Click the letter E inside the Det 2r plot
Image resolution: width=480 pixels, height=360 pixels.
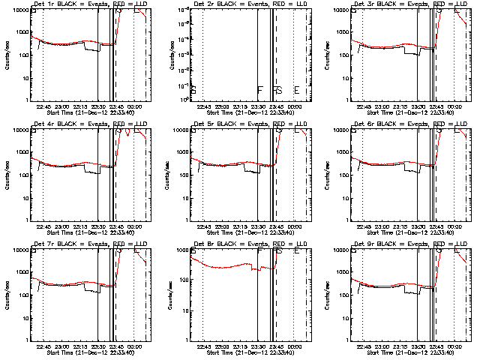[x=297, y=90]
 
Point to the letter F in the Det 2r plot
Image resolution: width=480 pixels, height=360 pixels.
[x=259, y=90]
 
